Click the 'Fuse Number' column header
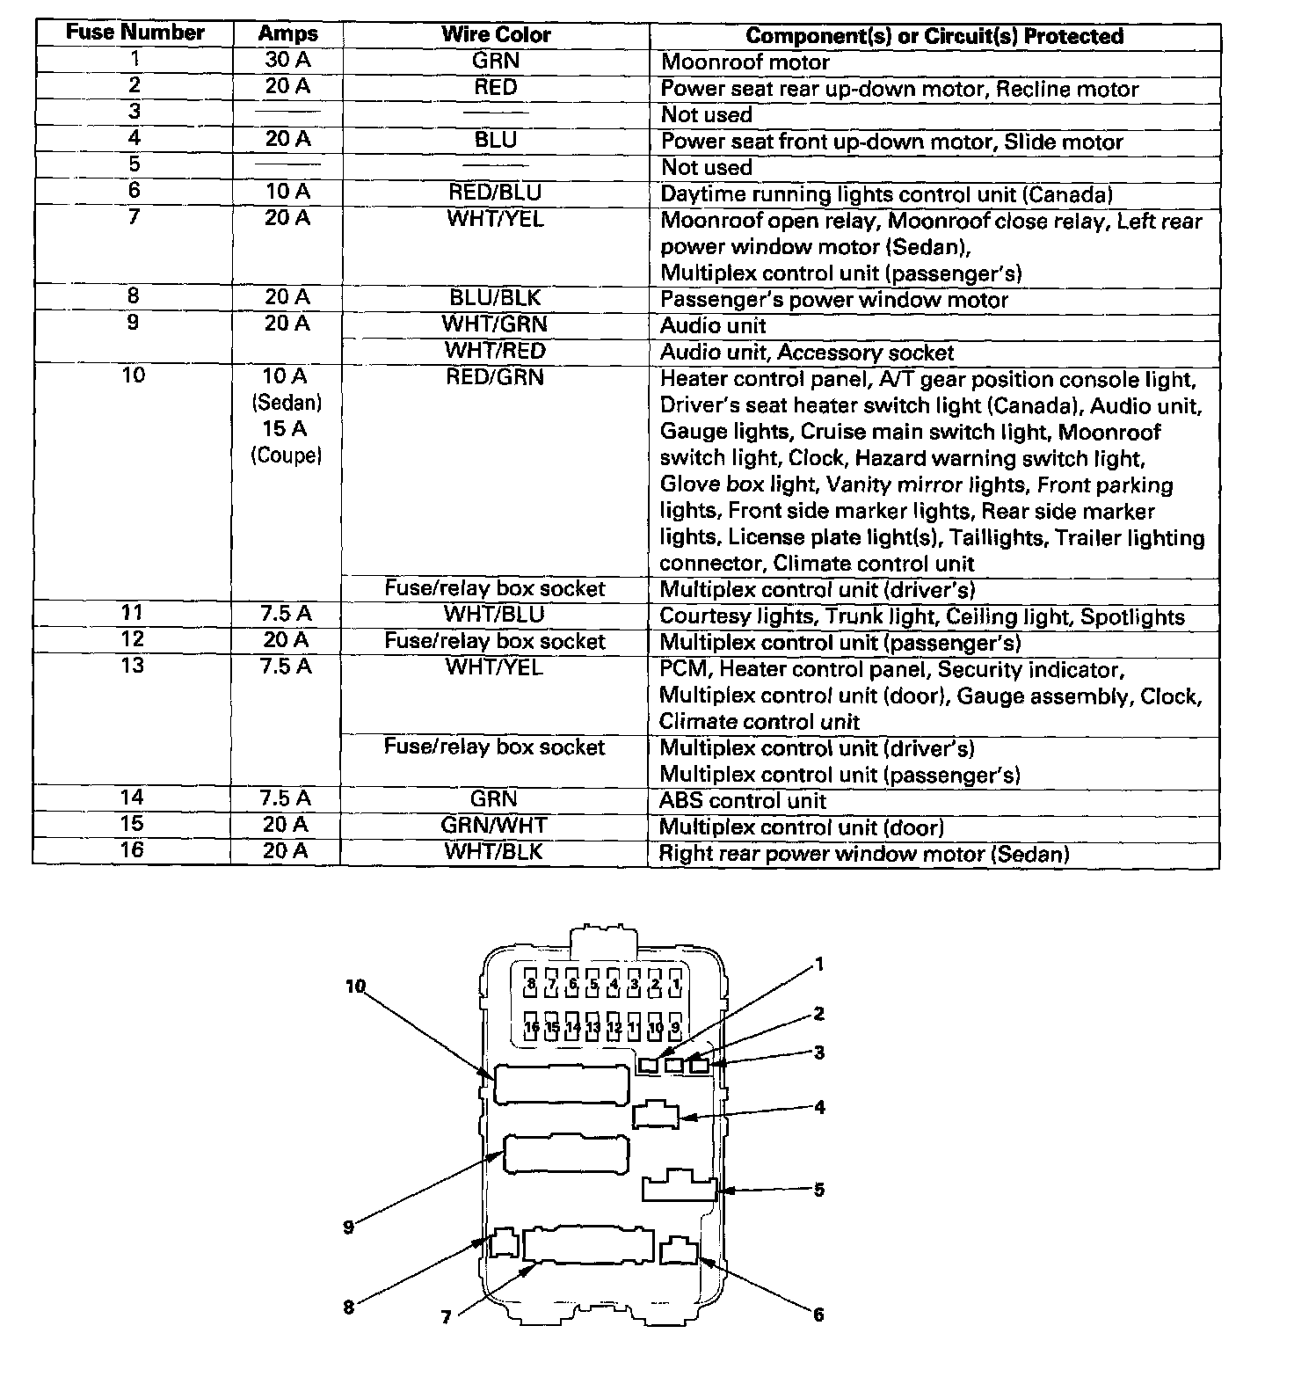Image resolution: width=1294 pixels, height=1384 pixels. point(134,33)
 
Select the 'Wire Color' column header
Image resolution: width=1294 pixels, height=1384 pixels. point(496,35)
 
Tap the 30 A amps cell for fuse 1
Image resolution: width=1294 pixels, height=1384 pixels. point(287,61)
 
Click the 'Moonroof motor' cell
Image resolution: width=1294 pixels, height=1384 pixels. point(745,62)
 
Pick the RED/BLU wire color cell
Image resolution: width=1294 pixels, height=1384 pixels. point(495,193)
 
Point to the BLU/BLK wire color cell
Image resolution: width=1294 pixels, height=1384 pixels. point(495,298)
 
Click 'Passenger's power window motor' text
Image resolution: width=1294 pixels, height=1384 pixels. point(833,300)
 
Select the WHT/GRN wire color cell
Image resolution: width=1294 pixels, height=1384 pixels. point(495,324)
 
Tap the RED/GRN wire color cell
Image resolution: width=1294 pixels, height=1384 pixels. point(495,377)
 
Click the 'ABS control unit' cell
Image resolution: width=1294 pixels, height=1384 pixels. point(743,801)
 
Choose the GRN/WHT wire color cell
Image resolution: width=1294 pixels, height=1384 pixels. point(494,826)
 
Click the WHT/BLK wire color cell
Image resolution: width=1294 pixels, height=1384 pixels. point(494,852)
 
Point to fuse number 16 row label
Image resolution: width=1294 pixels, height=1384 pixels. point(132,850)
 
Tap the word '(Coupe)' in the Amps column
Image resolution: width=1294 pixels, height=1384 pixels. point(287,455)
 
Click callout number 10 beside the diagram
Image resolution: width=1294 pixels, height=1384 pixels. point(355,987)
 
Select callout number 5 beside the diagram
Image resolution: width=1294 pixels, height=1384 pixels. point(819,1190)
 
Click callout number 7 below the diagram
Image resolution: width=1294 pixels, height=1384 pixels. point(447,1316)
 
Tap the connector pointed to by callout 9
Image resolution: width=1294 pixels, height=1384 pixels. point(566,1154)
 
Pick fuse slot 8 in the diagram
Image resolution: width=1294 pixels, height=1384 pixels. point(531,984)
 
